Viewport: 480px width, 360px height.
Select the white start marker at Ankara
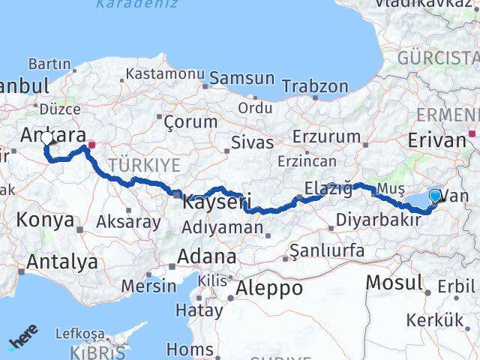(48, 139)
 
